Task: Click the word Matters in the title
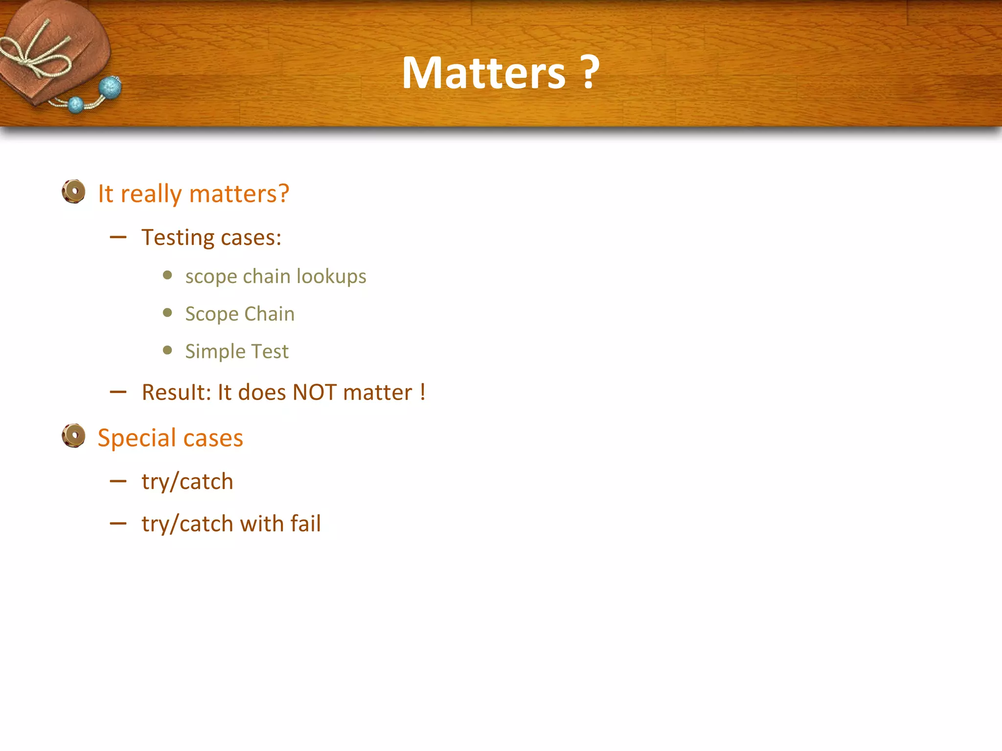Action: [483, 73]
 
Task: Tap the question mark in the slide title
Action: [591, 73]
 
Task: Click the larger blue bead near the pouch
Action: [110, 88]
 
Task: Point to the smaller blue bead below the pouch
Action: [76, 105]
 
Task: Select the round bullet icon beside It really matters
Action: [74, 192]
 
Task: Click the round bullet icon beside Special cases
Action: [74, 436]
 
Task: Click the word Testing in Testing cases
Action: [178, 238]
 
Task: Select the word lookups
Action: [331, 277]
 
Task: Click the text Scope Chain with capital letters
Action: [240, 314]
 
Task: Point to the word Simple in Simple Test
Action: [215, 352]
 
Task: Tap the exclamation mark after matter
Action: [422, 392]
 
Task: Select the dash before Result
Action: [118, 392]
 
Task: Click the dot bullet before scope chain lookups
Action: [167, 275]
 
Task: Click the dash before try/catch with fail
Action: [118, 524]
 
